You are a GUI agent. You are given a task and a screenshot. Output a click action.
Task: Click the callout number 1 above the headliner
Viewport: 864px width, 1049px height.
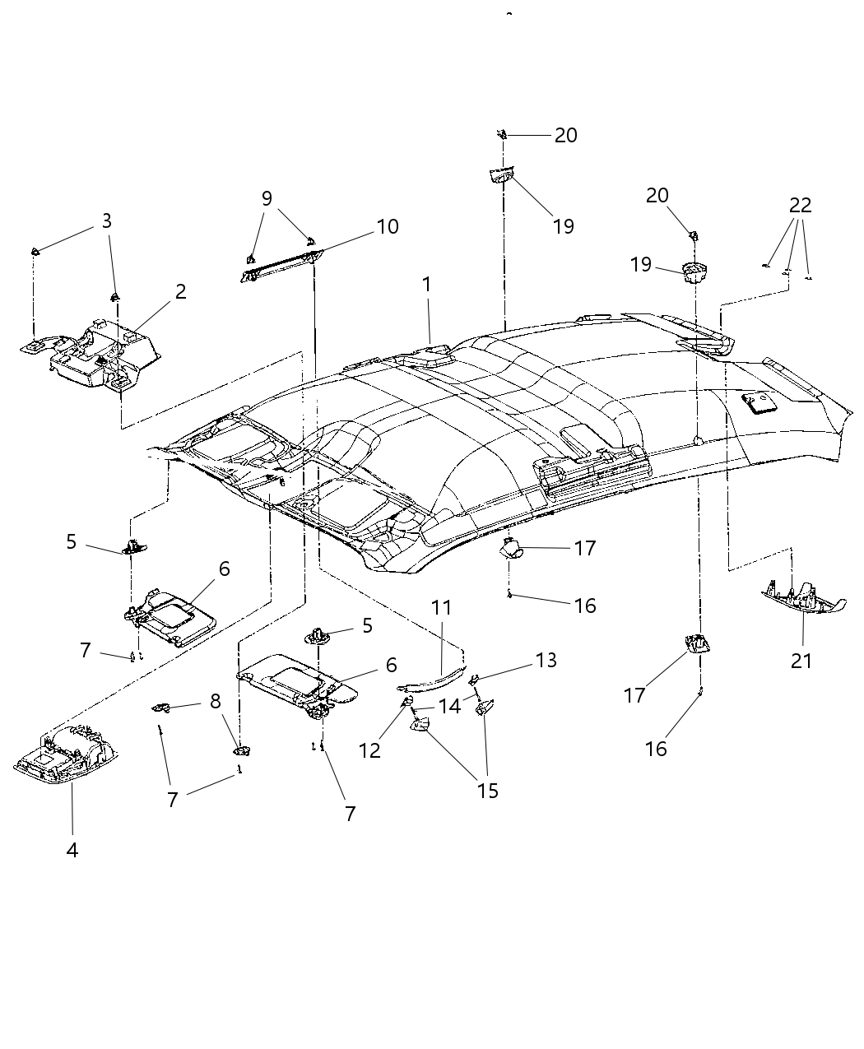426,285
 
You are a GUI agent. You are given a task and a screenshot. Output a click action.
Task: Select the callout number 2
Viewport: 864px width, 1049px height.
180,291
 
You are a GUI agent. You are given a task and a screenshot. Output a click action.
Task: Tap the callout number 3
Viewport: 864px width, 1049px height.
106,220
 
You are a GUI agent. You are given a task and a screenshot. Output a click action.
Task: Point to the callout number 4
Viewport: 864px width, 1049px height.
72,850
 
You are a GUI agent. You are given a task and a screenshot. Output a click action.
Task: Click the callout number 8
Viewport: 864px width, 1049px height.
215,701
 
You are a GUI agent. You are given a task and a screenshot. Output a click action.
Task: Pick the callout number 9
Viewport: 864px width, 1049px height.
267,198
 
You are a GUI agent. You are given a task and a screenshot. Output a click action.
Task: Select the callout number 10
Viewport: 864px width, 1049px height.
387,226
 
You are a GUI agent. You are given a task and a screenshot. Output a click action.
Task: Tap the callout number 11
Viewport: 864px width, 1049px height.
442,608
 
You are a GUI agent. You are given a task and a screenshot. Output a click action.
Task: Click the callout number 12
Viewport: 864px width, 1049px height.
370,750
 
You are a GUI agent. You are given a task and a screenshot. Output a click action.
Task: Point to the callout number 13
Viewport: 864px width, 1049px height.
546,660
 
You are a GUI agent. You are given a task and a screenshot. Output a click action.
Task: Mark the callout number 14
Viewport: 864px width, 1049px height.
449,706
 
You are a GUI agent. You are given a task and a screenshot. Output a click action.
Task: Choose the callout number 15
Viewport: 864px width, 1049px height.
487,791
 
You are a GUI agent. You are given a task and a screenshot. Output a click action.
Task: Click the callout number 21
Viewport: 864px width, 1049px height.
801,660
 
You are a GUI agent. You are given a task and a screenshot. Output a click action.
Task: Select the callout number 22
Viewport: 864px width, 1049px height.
800,205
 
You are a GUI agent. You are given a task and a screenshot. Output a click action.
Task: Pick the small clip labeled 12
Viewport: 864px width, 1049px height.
407,701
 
